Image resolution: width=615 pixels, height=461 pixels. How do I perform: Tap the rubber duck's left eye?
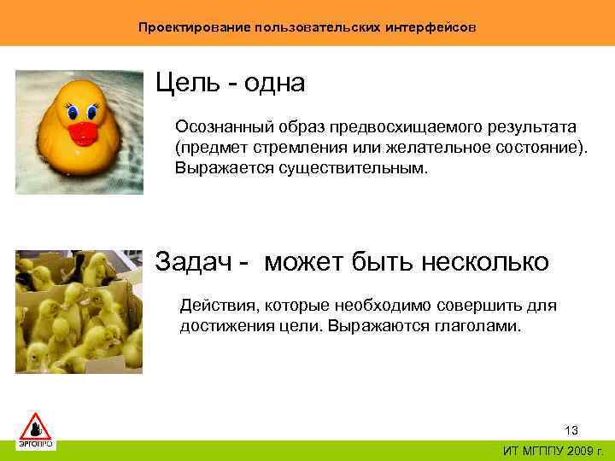[x=71, y=111]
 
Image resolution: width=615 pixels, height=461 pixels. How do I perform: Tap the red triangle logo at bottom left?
[x=36, y=424]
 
